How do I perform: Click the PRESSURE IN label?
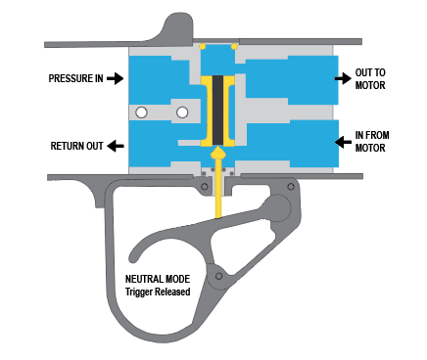point(75,78)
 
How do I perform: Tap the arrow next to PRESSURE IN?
point(115,78)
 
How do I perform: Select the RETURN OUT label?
point(76,146)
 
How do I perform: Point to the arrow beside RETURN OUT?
point(116,146)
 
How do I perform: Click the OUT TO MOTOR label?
point(370,79)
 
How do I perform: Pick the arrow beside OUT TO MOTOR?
point(343,78)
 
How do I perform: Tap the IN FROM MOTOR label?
point(372,142)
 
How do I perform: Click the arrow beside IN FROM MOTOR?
point(343,142)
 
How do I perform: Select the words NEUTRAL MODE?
point(158,279)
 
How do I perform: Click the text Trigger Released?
point(158,292)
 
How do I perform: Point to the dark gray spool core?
point(217,111)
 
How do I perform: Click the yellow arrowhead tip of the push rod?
point(217,148)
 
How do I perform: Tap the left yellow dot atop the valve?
point(203,46)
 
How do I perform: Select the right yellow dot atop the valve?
point(234,46)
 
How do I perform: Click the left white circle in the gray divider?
point(141,112)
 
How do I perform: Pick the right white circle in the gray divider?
point(182,112)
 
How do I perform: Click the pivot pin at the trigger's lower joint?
point(218,276)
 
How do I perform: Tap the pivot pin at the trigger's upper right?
point(291,187)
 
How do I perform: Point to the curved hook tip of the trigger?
point(132,257)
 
